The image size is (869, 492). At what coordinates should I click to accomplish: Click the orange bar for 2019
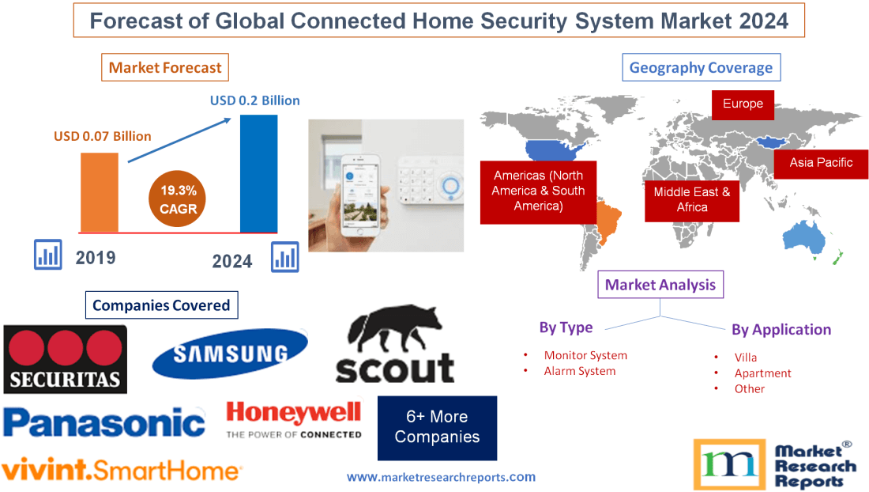[x=100, y=192]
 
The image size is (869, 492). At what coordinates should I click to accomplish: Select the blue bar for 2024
[x=258, y=173]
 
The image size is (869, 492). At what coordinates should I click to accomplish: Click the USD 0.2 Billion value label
[x=254, y=100]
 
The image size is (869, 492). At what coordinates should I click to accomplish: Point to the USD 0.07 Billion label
[x=103, y=136]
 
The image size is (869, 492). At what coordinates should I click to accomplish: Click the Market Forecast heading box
[x=165, y=68]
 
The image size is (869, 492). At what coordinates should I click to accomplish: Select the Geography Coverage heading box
[x=701, y=67]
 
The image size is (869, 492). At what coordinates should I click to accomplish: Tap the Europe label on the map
[x=743, y=104]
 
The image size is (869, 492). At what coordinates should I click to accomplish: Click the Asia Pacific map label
[x=821, y=163]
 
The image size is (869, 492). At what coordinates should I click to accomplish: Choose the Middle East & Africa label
[x=692, y=199]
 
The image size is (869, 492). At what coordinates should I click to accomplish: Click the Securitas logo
[x=65, y=358]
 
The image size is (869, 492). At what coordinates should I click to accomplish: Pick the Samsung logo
[x=230, y=354]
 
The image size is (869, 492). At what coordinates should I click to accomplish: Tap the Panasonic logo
[x=103, y=422]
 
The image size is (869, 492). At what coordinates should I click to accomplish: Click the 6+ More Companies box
[x=437, y=427]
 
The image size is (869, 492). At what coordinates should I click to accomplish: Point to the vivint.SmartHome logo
[x=121, y=471]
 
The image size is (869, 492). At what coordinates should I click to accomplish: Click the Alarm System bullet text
[x=579, y=371]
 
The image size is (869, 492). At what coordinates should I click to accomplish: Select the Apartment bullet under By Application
[x=762, y=373]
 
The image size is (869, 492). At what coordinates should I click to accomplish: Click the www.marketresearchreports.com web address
[x=441, y=477]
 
